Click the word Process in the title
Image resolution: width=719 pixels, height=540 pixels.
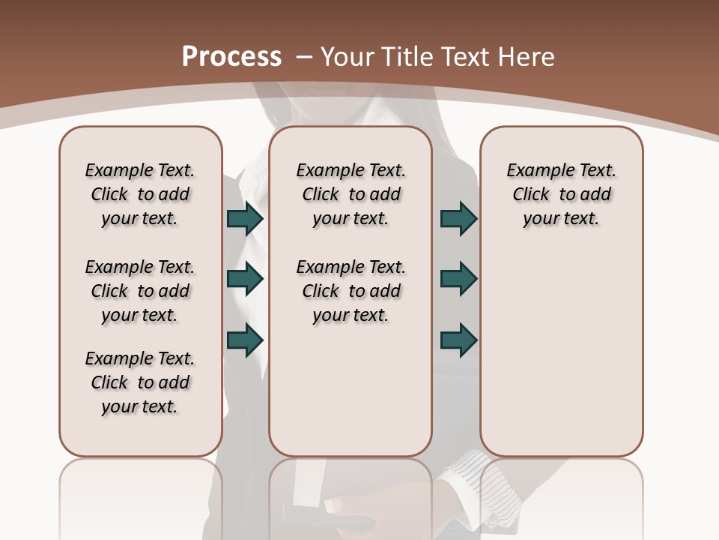click(x=231, y=57)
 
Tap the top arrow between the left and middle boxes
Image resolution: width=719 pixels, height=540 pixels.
click(x=244, y=219)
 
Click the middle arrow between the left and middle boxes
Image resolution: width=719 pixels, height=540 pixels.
click(x=244, y=279)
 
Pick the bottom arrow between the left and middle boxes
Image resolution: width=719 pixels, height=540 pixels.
click(x=244, y=340)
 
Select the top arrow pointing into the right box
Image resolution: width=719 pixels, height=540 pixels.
click(x=458, y=219)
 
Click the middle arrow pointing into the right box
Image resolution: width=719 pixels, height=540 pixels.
click(x=458, y=279)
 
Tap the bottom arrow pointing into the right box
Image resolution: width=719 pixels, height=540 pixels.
click(x=458, y=340)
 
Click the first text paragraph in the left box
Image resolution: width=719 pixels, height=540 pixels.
click(x=140, y=194)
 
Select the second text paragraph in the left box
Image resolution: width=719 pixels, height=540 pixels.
click(x=140, y=291)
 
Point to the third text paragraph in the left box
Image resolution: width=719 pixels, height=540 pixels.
click(x=140, y=382)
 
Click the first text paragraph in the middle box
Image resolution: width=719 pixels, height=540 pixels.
click(x=351, y=194)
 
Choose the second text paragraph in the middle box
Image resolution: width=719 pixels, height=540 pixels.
click(x=351, y=291)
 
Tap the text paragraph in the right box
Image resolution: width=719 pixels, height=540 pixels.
click(x=561, y=194)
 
